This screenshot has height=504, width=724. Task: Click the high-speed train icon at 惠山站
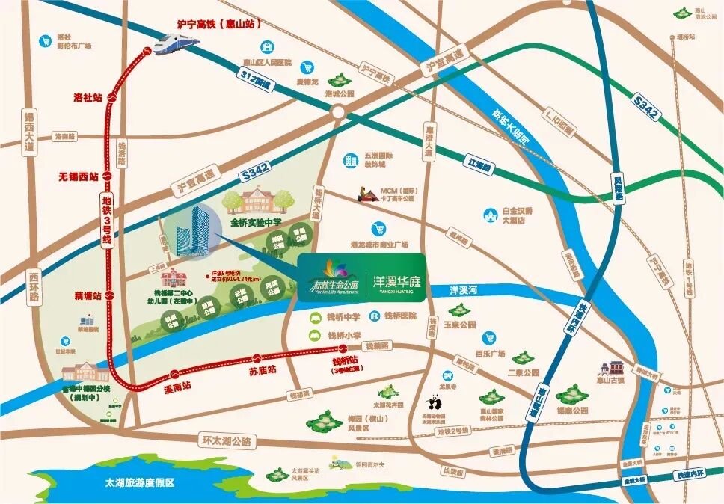point(178,43)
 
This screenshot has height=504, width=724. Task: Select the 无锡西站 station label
point(79,177)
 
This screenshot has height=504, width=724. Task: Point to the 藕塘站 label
point(87,296)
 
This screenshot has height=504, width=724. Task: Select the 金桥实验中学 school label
point(256,222)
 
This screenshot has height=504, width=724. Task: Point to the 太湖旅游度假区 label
point(140,483)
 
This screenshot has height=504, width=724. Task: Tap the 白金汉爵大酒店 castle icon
point(491,215)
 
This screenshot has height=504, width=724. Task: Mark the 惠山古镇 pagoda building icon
point(616,368)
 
